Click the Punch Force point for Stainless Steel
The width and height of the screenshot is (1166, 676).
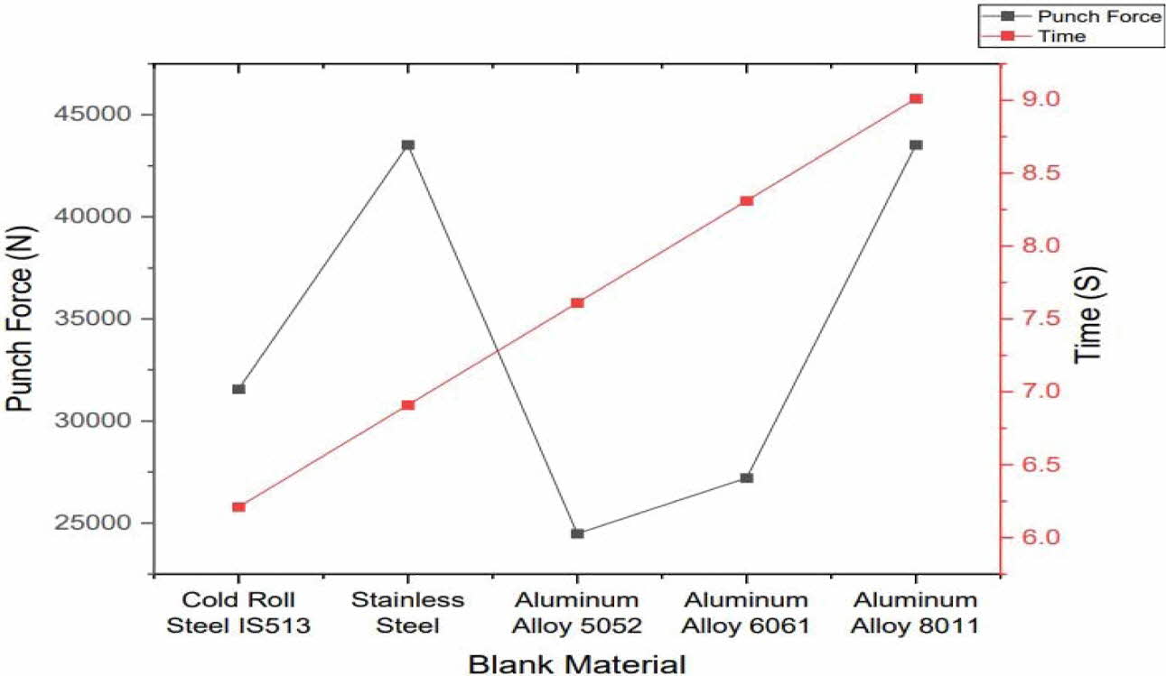(407, 144)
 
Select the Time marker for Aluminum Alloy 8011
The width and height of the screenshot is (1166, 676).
(916, 98)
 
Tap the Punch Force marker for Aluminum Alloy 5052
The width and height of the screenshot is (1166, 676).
(577, 533)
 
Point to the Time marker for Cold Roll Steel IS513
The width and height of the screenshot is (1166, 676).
(238, 507)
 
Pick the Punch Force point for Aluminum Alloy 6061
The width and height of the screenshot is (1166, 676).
(746, 477)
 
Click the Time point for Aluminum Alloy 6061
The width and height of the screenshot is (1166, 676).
(746, 200)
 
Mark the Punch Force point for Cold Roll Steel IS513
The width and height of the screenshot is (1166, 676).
(238, 389)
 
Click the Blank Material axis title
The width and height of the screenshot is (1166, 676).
(577, 663)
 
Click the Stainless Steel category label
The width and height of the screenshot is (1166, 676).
(407, 612)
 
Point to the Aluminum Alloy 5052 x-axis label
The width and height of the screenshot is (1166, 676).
(577, 612)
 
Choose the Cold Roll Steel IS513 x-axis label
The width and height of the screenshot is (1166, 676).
(238, 612)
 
